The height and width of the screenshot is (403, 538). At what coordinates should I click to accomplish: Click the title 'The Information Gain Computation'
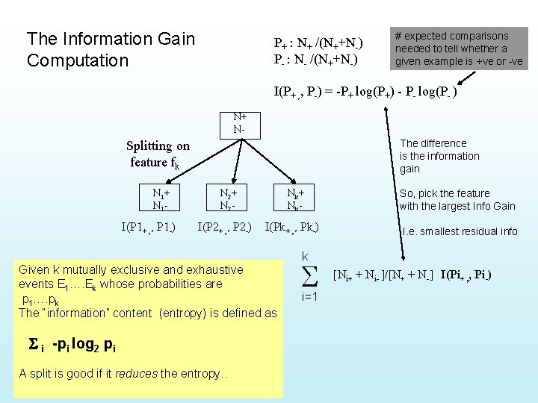click(x=111, y=49)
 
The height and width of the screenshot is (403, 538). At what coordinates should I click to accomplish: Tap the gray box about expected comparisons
click(x=460, y=49)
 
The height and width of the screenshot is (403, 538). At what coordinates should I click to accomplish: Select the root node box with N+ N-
click(x=240, y=123)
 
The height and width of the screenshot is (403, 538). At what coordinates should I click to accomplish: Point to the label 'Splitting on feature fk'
click(x=158, y=154)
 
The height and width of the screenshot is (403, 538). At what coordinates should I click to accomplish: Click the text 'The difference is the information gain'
click(x=439, y=156)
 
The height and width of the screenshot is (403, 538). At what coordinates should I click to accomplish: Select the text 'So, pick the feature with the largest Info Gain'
click(x=457, y=199)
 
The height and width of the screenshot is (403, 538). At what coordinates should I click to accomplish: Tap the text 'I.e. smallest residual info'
click(x=460, y=231)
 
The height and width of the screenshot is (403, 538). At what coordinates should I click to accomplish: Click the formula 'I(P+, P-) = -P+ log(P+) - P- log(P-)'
click(x=365, y=92)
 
